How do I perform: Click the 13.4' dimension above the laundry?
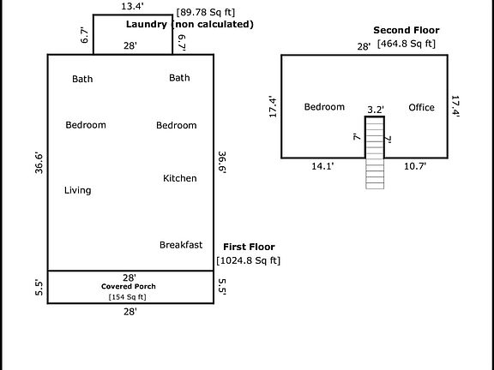click(x=132, y=6)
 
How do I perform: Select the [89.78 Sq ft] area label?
click(x=206, y=13)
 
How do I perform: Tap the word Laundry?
click(x=147, y=25)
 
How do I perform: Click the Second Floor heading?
click(x=407, y=30)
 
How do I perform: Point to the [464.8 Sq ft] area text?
click(x=407, y=44)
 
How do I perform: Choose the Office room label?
click(x=422, y=108)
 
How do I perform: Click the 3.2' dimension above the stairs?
click(x=376, y=110)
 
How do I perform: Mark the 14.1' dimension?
click(x=322, y=166)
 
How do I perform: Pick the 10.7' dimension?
click(x=415, y=166)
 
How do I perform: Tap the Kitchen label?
click(x=180, y=178)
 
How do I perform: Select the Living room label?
click(x=78, y=190)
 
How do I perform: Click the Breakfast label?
click(x=181, y=245)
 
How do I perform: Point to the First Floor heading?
click(x=249, y=247)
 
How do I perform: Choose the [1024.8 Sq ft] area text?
click(x=248, y=260)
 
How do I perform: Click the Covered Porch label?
click(x=129, y=287)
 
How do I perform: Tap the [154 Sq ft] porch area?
click(x=127, y=297)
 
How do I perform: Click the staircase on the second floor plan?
click(x=375, y=152)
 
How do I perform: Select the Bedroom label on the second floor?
click(x=324, y=107)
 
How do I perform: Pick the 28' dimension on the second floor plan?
click(x=364, y=46)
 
